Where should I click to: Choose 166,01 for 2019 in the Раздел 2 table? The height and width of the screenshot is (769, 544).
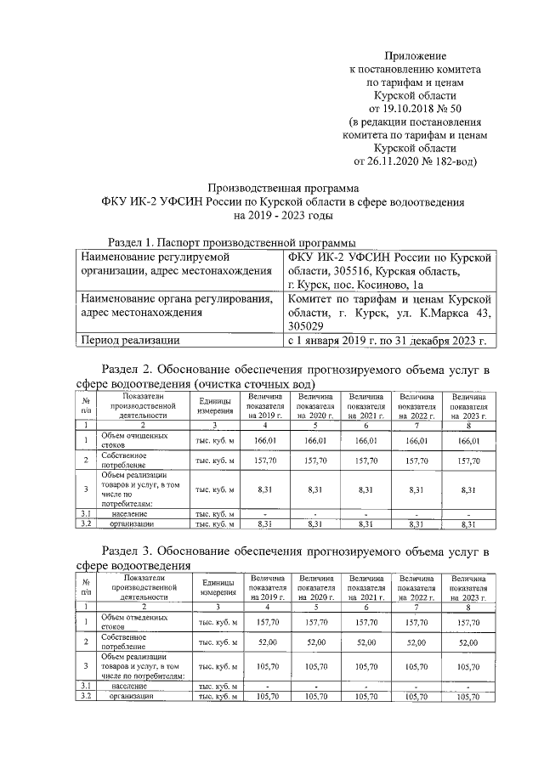coord(265,441)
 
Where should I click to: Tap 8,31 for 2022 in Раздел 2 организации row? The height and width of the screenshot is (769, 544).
coord(416,525)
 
